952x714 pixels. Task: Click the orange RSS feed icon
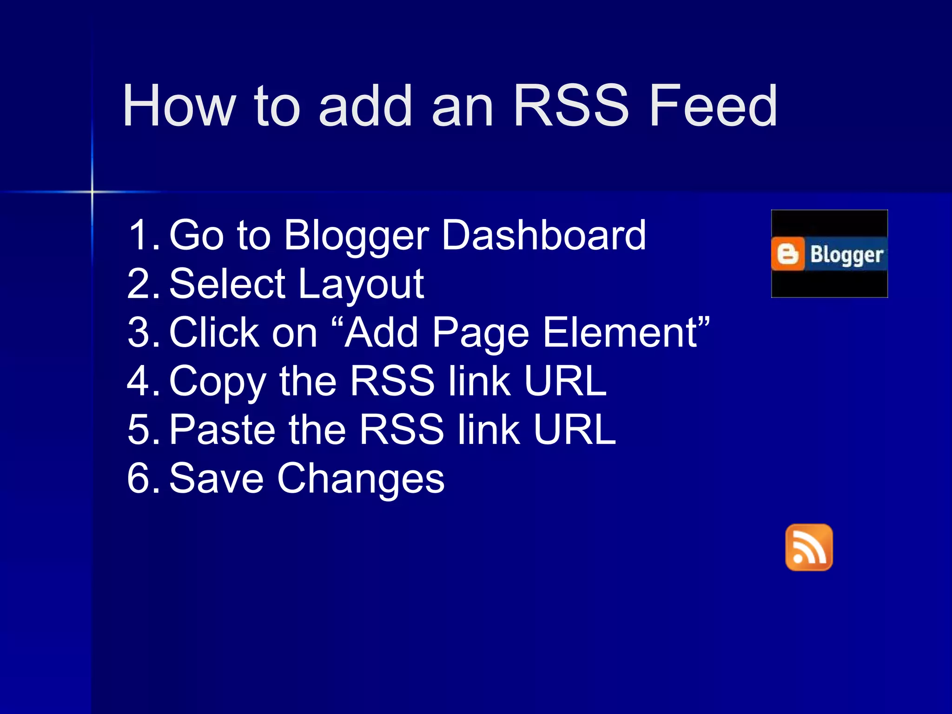pos(809,548)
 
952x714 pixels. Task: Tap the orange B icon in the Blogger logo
pos(787,254)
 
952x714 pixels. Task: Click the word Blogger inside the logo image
pos(846,255)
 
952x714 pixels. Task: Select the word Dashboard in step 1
pos(544,235)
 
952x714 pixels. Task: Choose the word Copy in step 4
pos(218,382)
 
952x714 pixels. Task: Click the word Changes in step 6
pos(361,479)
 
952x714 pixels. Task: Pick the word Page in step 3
pos(481,333)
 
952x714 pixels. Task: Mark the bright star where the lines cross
pos(92,192)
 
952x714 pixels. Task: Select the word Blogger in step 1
pos(357,236)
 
